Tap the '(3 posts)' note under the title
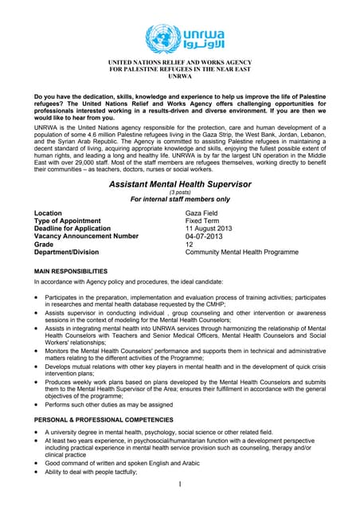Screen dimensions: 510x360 click(x=179, y=194)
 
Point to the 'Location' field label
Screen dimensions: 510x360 click(x=49, y=214)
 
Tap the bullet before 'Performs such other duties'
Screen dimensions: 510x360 click(x=37, y=406)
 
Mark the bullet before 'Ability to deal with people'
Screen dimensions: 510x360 click(x=37, y=472)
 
